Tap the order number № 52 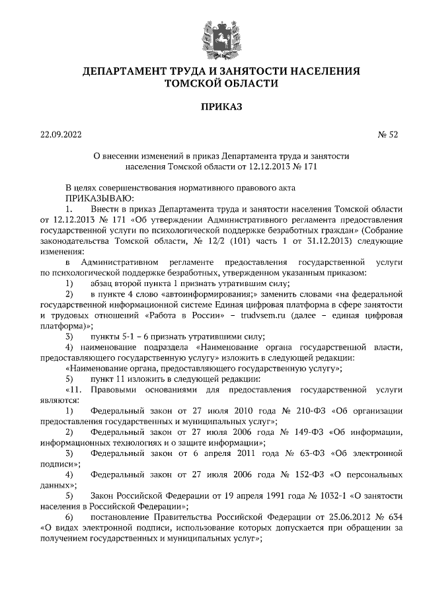click(388, 135)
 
